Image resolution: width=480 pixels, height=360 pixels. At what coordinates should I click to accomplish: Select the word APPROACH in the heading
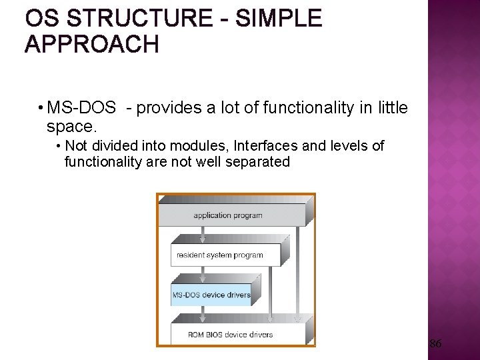coord(92,45)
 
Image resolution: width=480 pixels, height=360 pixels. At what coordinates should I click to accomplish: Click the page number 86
coord(435,344)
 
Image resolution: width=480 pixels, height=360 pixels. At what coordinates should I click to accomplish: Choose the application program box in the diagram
coord(228,215)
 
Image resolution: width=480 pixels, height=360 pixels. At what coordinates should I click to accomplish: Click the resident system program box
coord(220,255)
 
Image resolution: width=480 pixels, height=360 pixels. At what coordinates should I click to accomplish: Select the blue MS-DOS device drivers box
coord(211,295)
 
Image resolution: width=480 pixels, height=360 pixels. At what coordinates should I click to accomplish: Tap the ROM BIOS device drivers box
coord(230,334)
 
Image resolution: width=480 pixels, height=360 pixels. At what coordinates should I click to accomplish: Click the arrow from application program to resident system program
coord(202,236)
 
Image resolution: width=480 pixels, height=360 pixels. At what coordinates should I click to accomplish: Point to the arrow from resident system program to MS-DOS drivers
coord(202,276)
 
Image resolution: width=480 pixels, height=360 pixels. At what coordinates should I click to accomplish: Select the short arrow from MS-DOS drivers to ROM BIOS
coord(202,315)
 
